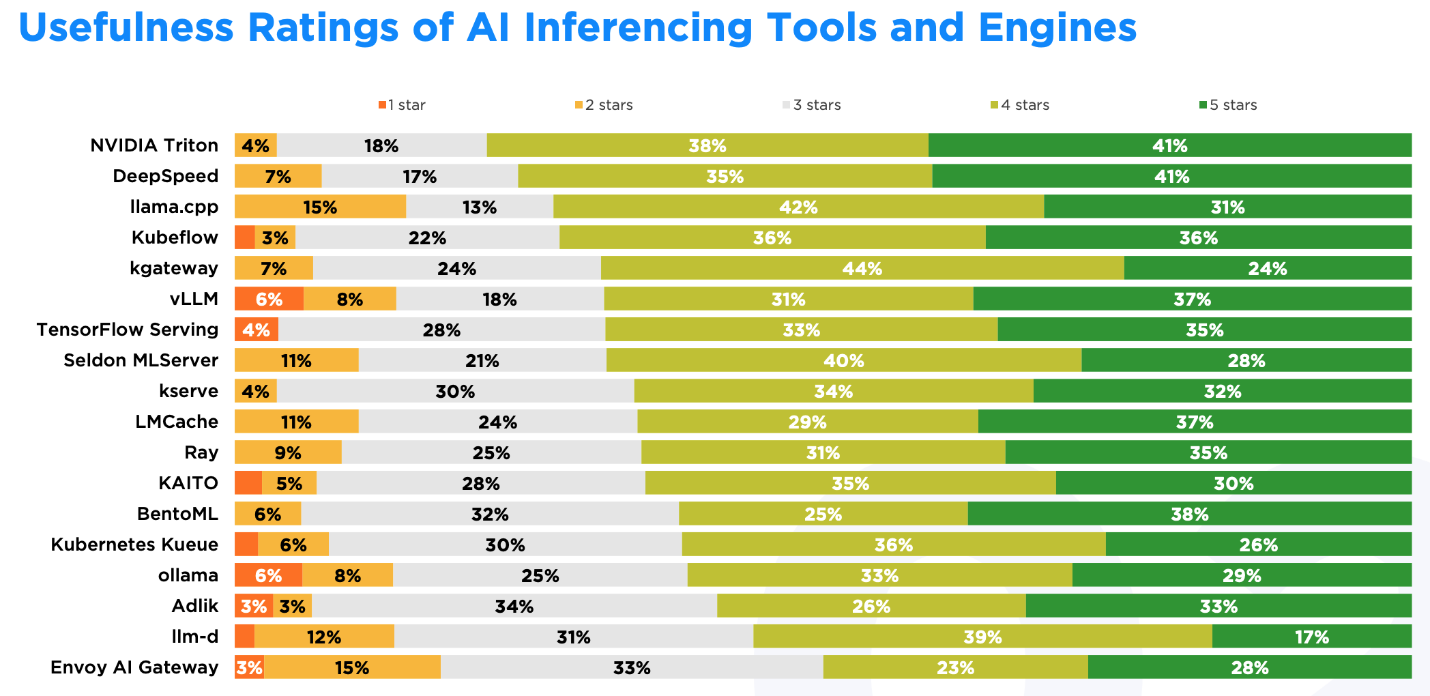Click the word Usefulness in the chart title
(126, 28)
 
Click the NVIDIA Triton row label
(154, 145)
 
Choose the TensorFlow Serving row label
(128, 330)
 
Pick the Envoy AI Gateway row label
(134, 667)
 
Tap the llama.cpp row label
(174, 207)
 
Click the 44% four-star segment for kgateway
(862, 268)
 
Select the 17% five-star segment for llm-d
(1311, 637)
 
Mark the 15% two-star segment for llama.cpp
(320, 207)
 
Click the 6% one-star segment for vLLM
(269, 299)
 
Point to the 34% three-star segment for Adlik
(514, 606)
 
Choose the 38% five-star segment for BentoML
(1189, 514)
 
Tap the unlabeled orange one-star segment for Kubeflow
(244, 237)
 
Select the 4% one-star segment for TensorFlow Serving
(257, 330)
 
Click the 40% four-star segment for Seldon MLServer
(843, 360)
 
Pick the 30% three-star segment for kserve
(455, 391)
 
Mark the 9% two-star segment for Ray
(288, 452)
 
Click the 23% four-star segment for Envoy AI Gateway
(955, 667)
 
